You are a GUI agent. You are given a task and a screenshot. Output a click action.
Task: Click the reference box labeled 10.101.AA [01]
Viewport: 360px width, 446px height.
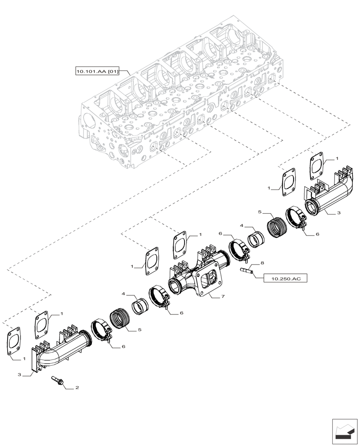(97, 71)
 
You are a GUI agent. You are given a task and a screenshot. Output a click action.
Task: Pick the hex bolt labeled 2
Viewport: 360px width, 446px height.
(57, 380)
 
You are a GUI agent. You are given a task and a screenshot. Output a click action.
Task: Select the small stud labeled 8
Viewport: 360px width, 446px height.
(246, 270)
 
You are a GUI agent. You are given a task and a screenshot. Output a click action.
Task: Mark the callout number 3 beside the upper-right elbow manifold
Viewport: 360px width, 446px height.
(339, 214)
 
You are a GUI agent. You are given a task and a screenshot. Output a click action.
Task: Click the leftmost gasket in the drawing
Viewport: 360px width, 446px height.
(14, 343)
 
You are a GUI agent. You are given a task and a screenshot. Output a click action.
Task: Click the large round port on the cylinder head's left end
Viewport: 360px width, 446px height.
(86, 121)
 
